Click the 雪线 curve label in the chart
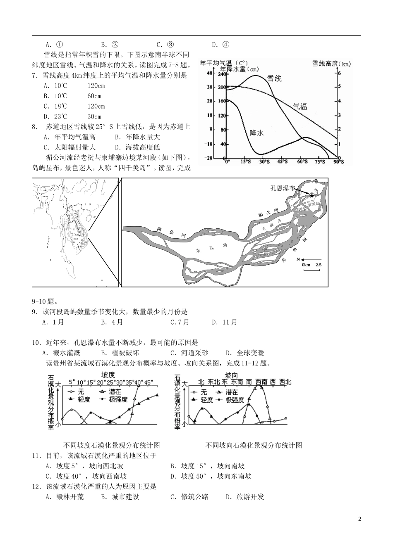274,78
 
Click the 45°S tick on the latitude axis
283,162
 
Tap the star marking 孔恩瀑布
312,194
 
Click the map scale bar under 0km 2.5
312,270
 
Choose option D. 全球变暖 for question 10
245,353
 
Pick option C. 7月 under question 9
180,322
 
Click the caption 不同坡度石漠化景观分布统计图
112,445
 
